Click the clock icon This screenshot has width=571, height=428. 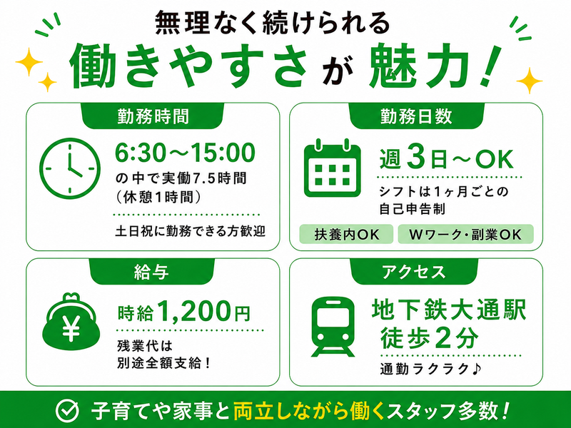coord(69,168)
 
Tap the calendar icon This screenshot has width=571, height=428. coord(332,168)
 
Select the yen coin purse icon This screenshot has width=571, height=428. coord(71,322)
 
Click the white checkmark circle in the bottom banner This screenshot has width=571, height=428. coord(67,410)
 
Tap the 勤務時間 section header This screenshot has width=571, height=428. coord(153,116)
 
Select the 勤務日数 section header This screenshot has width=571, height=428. coord(416,116)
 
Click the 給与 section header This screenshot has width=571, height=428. coord(151,272)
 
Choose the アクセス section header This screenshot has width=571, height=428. coord(414,272)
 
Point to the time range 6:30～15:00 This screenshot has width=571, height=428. coord(185,153)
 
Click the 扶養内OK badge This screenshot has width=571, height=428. coord(346,234)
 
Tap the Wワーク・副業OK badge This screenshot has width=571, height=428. coord(466,234)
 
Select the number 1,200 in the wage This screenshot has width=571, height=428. coord(195,311)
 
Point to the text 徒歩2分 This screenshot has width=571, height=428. coord(429,338)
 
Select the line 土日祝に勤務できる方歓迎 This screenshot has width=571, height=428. coord(190,231)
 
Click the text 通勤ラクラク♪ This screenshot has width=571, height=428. coord(431,369)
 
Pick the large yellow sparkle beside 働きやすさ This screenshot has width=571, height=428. coord(29,62)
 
